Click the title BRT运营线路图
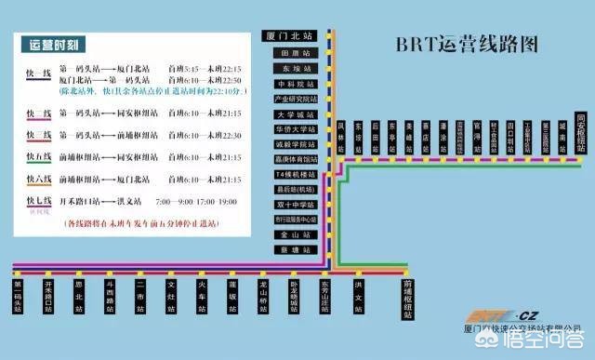[468, 44]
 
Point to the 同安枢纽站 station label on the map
[582, 129]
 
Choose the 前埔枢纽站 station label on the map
[407, 297]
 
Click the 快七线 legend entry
[38, 201]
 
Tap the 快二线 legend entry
[38, 113]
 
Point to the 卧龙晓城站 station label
[294, 297]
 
